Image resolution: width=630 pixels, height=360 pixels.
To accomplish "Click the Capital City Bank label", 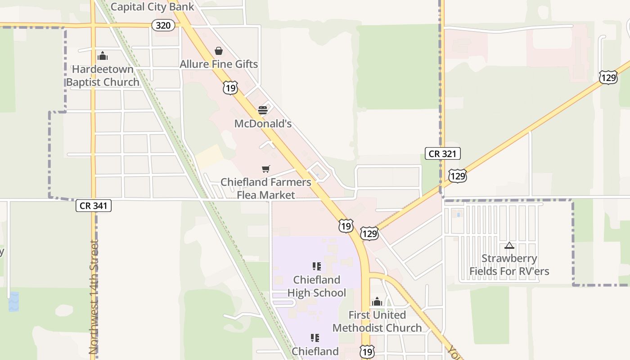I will [152, 7].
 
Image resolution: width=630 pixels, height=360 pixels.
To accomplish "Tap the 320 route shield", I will [163, 25].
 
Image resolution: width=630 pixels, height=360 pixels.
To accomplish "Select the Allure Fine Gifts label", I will [219, 64].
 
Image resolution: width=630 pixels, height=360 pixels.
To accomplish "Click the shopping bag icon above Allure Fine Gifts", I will [219, 51].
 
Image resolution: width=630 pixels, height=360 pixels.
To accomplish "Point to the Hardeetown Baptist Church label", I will [103, 76].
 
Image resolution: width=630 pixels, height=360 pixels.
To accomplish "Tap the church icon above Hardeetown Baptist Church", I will [103, 56].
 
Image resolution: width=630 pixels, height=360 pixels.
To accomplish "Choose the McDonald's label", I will [263, 123].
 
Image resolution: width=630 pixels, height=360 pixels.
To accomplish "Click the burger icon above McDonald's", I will [263, 110].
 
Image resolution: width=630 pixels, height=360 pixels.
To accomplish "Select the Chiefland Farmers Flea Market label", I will [265, 188].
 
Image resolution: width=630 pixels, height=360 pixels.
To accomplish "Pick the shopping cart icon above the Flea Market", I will [266, 169].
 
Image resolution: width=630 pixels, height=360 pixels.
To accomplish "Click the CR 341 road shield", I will [93, 206].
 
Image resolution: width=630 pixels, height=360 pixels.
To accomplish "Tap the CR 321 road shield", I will [442, 153].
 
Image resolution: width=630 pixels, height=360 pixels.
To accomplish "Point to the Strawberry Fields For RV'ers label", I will [509, 265].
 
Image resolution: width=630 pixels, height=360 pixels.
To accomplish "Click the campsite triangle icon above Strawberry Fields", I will [509, 246].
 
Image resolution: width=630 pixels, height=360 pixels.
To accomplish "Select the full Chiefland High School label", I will [317, 286].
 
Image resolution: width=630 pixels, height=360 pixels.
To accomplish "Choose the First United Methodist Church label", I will [377, 321].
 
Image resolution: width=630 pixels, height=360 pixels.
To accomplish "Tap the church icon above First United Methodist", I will [377, 301].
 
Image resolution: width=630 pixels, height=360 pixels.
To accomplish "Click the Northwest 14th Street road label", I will [93, 297].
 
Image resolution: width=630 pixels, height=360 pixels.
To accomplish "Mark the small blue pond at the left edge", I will [14, 301].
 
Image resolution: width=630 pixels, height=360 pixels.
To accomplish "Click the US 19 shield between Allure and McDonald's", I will [230, 87].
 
